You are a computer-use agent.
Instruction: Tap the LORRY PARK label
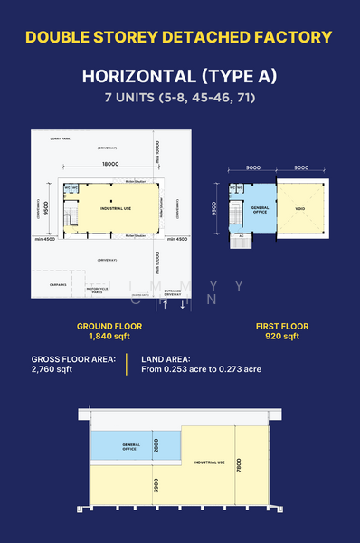61,139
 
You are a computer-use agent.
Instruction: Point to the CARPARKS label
58,283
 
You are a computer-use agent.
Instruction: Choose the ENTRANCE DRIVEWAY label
173,291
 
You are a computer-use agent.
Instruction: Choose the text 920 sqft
282,337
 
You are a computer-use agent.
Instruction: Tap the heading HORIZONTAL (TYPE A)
179,75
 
